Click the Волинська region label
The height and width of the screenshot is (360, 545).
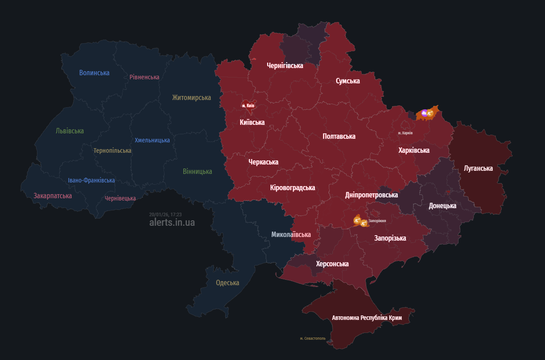click(x=94, y=73)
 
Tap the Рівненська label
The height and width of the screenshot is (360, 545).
click(x=144, y=77)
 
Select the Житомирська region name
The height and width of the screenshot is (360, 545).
click(x=191, y=97)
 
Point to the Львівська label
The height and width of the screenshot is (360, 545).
click(x=70, y=131)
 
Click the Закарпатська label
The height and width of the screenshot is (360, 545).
click(x=53, y=196)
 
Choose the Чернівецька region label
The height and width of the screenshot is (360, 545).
click(x=120, y=198)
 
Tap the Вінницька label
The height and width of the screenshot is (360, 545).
click(x=197, y=171)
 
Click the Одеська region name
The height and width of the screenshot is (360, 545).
click(x=227, y=283)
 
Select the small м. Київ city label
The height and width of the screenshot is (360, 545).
click(x=248, y=105)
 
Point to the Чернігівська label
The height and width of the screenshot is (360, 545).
click(x=285, y=65)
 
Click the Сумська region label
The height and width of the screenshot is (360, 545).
click(x=348, y=81)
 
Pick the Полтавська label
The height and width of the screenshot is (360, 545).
click(x=339, y=136)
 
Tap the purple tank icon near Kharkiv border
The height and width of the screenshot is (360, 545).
click(x=424, y=114)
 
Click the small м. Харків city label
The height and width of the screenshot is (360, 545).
click(x=405, y=133)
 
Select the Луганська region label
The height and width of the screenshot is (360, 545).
click(x=478, y=168)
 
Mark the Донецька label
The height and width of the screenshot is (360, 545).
click(x=442, y=205)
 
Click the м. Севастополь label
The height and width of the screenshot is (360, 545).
click(x=313, y=338)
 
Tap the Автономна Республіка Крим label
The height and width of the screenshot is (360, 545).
click(x=367, y=318)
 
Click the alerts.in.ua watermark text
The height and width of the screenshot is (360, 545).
click(x=172, y=222)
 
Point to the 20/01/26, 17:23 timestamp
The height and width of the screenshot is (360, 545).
click(x=166, y=214)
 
